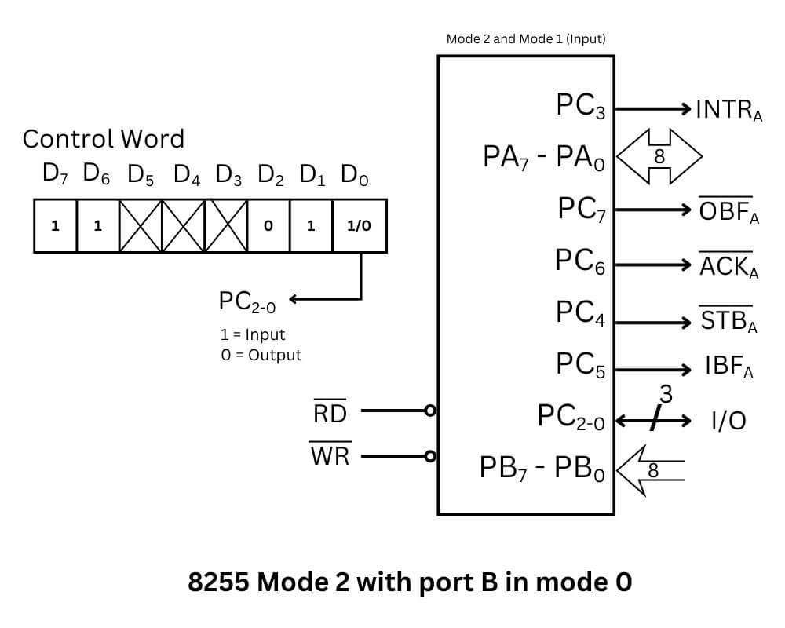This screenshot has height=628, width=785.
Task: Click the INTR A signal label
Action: click(728, 111)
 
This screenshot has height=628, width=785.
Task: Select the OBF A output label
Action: click(728, 213)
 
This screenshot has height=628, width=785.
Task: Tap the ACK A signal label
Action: click(728, 267)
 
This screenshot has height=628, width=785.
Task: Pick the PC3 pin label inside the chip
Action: click(581, 107)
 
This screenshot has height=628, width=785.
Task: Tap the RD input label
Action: click(330, 413)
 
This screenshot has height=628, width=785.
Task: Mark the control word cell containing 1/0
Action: click(359, 226)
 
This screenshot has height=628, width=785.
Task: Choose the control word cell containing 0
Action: click(268, 226)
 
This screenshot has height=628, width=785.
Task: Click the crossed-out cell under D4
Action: click(183, 226)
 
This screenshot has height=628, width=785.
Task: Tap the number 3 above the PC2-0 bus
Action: click(666, 392)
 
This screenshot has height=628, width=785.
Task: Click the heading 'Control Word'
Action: click(103, 139)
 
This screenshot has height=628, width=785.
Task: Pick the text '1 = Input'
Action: click(252, 334)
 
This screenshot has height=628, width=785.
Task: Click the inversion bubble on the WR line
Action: click(429, 455)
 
